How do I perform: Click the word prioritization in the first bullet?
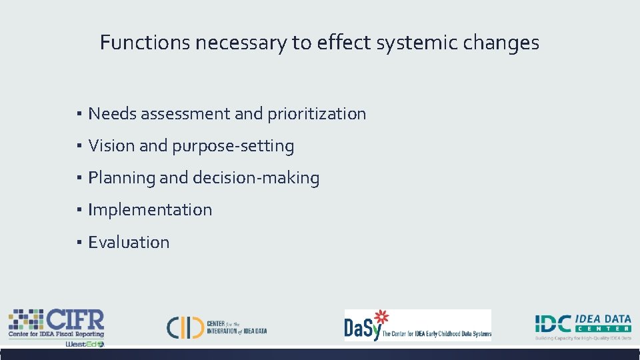coord(317,114)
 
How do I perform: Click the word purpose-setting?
coord(233,146)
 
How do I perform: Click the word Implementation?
coord(150,209)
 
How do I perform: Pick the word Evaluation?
coord(129,242)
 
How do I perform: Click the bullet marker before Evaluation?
coord(79,242)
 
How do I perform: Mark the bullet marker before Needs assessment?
coord(79,114)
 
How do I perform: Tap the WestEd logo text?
coord(85,344)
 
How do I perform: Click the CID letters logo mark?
coord(184,327)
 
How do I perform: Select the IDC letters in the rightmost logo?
coord(553,324)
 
